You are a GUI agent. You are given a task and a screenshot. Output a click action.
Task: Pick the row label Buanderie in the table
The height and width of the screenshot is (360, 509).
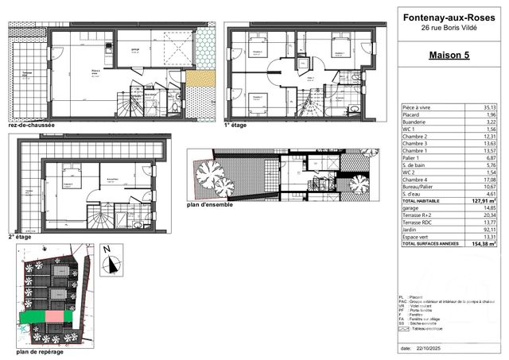419,122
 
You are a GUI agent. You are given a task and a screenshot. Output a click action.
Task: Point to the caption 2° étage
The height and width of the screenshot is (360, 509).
22,236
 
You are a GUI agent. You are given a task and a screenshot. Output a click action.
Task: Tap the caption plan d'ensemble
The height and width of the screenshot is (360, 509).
212,205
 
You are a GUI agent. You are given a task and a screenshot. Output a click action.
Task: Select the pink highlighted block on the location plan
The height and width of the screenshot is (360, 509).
52,316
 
